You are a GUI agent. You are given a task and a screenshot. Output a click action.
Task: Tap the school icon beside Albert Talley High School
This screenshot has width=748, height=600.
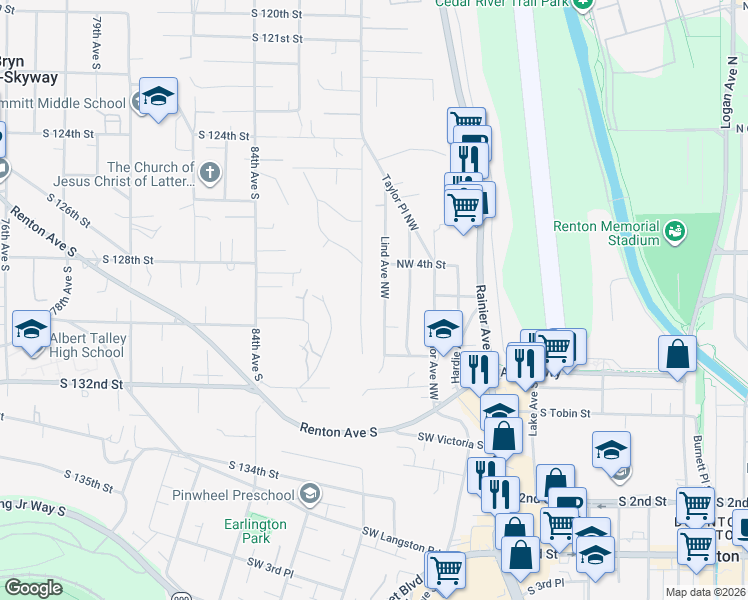(x=31, y=329)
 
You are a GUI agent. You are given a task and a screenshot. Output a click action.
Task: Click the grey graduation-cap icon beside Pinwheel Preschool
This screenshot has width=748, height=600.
(x=310, y=494)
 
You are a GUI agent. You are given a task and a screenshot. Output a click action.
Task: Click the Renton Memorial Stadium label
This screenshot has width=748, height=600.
(x=606, y=233)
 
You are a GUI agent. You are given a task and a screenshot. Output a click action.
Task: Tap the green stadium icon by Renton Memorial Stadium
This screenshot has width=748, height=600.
(x=677, y=232)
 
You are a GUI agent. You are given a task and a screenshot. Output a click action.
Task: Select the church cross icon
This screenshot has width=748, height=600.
(x=210, y=174)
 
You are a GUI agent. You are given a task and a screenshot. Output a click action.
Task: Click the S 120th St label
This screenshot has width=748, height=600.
(x=277, y=14)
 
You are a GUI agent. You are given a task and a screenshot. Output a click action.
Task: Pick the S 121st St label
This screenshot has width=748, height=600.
(x=277, y=38)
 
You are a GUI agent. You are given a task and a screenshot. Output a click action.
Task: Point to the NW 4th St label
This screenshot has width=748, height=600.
(x=420, y=265)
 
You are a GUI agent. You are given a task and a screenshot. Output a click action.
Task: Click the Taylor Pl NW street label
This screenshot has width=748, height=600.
(x=398, y=202)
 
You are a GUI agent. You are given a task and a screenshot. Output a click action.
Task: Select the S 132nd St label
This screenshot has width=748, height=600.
(x=91, y=383)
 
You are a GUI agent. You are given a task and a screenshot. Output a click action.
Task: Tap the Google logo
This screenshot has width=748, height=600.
(x=33, y=588)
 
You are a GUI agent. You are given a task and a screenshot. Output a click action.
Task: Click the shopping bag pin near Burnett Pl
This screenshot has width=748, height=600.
(x=678, y=355)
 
